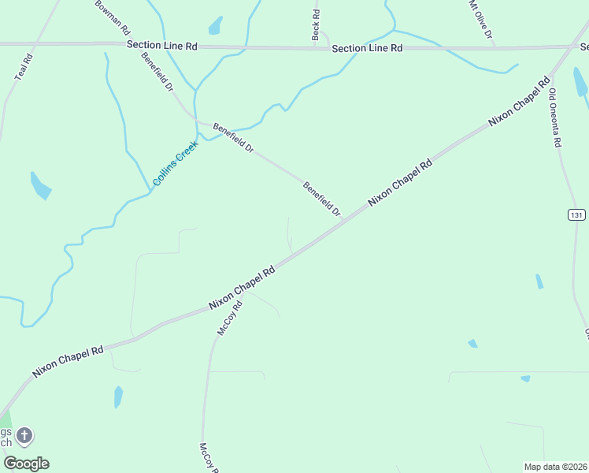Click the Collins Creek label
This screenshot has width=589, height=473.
(x=176, y=163)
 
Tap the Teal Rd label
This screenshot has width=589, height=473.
(x=24, y=67)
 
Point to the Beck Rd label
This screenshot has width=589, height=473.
(x=316, y=24)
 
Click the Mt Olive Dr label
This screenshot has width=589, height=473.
(x=480, y=20)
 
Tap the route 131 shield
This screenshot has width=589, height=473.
(x=576, y=214)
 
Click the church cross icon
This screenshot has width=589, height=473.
(x=24, y=434)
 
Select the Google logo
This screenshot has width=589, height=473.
(x=26, y=463)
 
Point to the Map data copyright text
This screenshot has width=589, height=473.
(x=555, y=467)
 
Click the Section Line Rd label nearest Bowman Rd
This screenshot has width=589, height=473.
(x=162, y=46)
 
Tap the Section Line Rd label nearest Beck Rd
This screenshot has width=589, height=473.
(x=367, y=48)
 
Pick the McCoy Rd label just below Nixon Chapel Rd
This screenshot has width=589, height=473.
(x=229, y=318)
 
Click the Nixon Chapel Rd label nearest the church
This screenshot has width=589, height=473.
(x=69, y=360)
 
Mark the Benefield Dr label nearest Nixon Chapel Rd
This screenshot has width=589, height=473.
(x=322, y=199)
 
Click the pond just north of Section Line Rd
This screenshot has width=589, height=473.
(x=215, y=25)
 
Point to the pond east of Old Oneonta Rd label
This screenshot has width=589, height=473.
(x=580, y=81)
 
